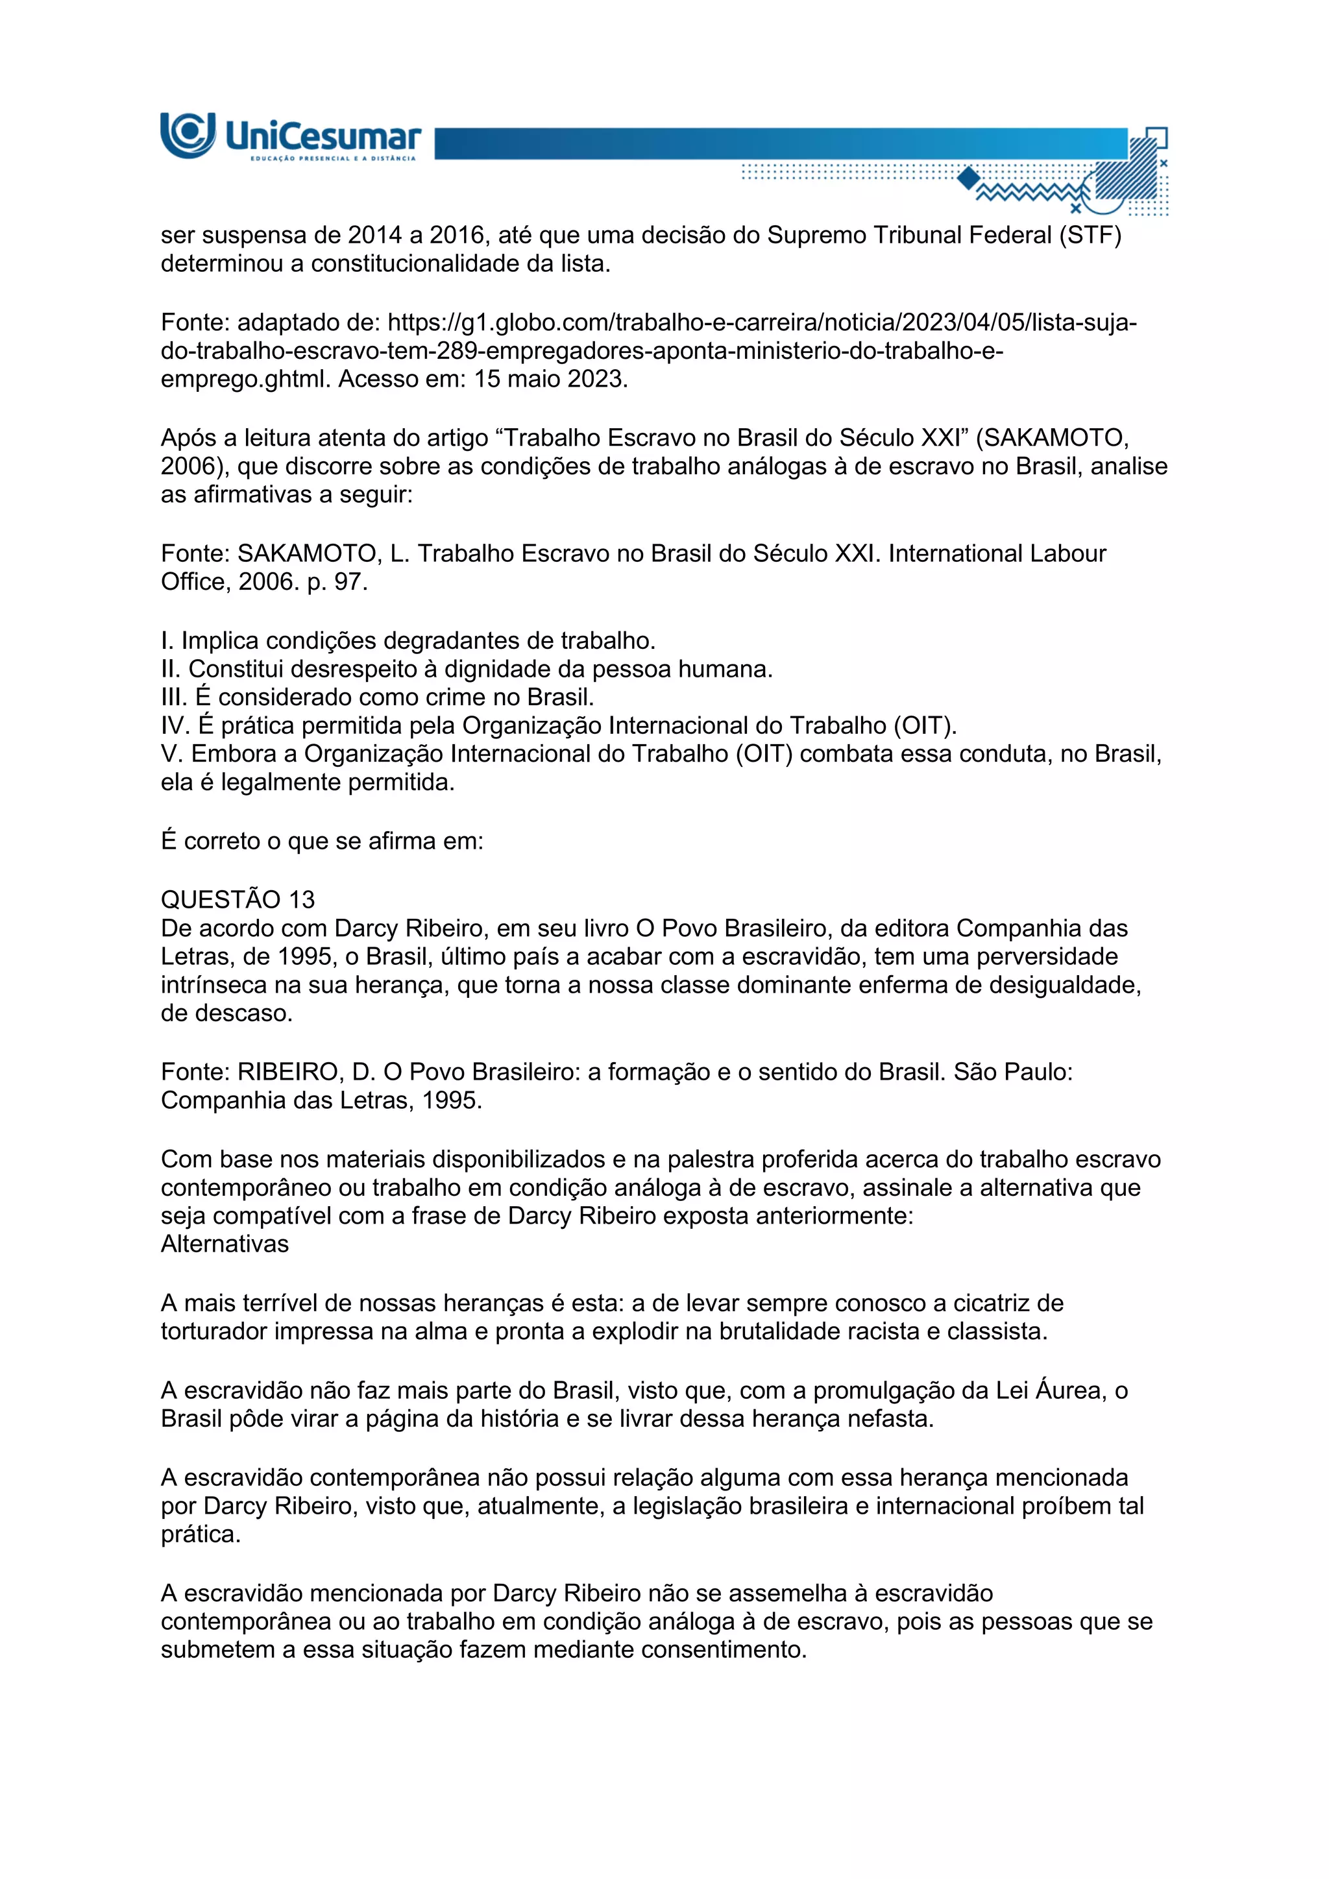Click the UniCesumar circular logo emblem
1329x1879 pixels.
pyautogui.click(x=188, y=134)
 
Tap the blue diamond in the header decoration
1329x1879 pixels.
pyautogui.click(x=968, y=178)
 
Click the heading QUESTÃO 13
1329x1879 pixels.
pyautogui.click(x=238, y=899)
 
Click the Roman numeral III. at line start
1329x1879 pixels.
pyautogui.click(x=175, y=697)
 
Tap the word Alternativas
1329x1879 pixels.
pyautogui.click(x=225, y=1244)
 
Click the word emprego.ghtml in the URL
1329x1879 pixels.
pyautogui.click(x=247, y=380)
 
